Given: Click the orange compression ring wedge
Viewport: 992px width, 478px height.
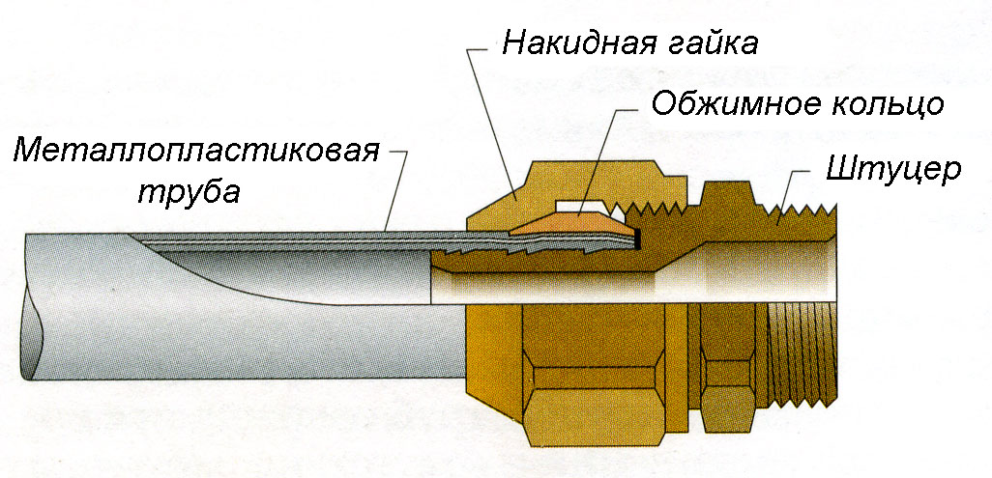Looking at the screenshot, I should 570,225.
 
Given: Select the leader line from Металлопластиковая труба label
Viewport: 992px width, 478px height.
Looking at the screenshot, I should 396,193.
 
